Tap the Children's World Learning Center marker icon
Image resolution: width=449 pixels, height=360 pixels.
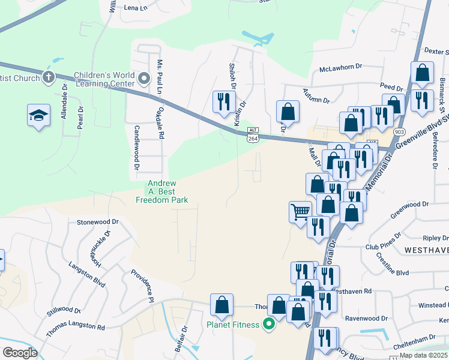point(143,78)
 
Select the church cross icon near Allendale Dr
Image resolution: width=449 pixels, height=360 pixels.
point(48,77)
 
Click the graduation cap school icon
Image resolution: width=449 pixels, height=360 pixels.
point(38,115)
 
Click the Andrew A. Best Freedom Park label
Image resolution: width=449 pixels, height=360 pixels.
point(162,191)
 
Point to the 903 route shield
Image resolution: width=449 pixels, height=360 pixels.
point(399,131)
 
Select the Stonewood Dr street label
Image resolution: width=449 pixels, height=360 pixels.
point(98,221)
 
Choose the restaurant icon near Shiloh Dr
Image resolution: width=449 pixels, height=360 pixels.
point(224,100)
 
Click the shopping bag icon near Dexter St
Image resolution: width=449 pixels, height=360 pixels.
point(422,73)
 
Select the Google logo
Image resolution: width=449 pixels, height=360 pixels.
point(19,353)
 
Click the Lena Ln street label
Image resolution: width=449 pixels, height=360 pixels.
point(135,8)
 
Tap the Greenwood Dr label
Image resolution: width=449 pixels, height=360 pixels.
point(409,204)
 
